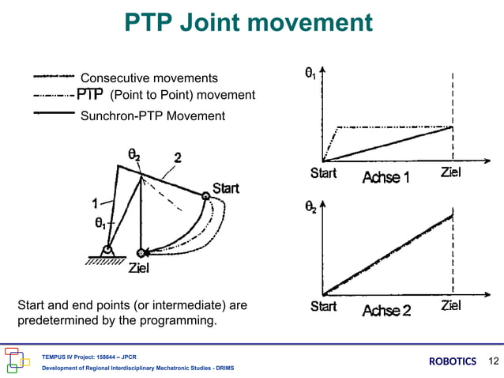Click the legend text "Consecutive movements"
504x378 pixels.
(x=149, y=77)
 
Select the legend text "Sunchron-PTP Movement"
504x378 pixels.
(x=153, y=116)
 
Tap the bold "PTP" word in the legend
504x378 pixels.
(x=90, y=96)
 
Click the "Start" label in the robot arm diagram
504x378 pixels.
(x=226, y=188)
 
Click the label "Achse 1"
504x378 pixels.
(x=386, y=178)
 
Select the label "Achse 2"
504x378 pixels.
(x=386, y=310)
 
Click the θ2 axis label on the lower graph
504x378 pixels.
(x=311, y=207)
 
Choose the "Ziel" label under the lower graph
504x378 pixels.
(x=451, y=306)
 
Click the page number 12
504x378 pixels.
(x=495, y=361)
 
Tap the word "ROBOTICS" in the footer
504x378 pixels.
(x=453, y=361)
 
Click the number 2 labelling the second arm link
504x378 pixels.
(x=179, y=157)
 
